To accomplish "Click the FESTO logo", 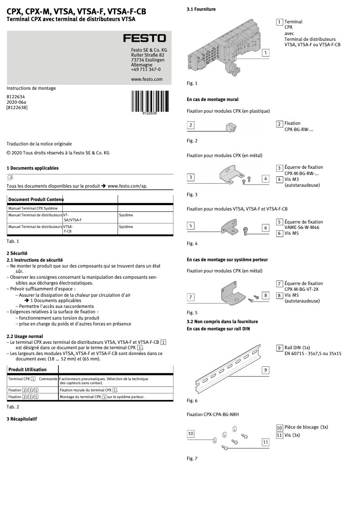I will (145, 39).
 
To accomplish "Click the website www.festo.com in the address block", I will (146, 79).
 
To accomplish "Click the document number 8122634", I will (16, 97).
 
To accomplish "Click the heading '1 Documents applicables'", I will (32, 168).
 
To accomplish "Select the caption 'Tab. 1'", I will (13, 241).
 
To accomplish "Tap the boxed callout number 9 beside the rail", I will (266, 369).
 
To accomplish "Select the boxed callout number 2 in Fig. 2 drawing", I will (191, 125).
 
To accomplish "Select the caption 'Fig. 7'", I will (192, 458).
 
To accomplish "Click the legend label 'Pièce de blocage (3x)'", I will (306, 427).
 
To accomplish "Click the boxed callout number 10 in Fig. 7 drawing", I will (191, 434).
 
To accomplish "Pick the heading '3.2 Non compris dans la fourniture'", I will (222, 321).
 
